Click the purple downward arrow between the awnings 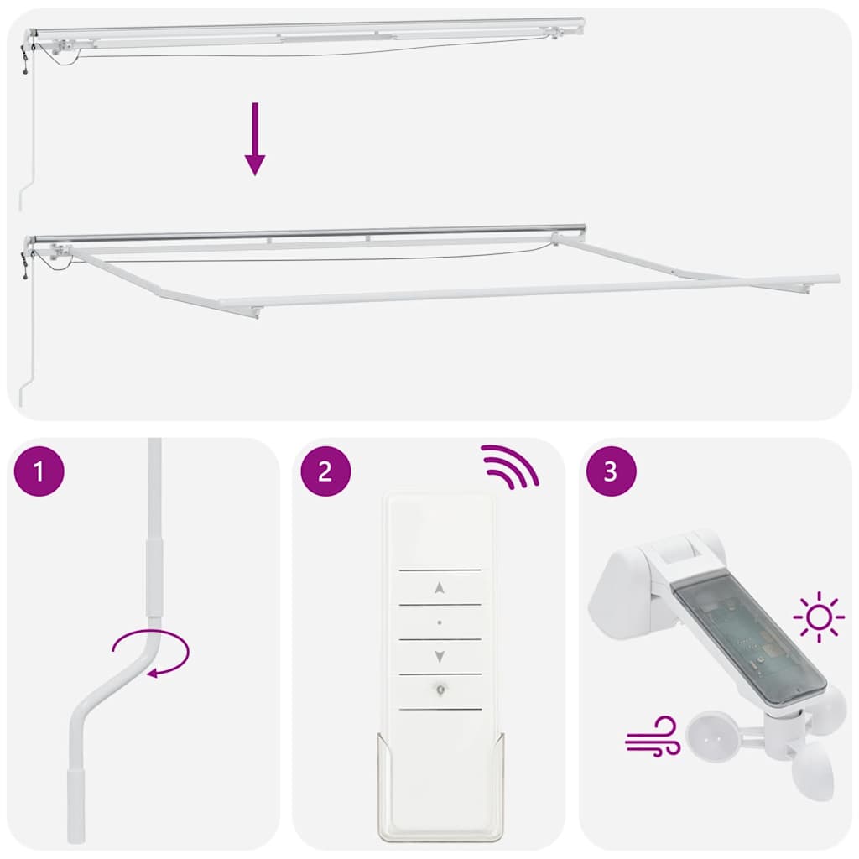coord(255,139)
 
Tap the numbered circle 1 coord(39,471)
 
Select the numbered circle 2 coord(325,471)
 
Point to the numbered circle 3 coord(611,471)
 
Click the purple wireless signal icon coord(508,466)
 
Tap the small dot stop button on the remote coord(440,622)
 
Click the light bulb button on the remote coord(440,690)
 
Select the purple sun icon coord(818,618)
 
